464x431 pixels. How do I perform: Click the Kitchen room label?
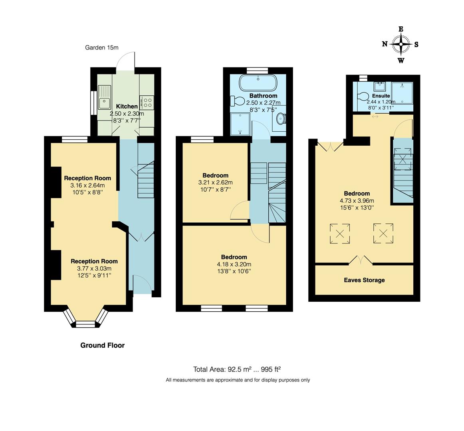[x=127, y=106]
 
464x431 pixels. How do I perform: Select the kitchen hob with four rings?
[x=147, y=103]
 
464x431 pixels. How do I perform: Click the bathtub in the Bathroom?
[x=258, y=83]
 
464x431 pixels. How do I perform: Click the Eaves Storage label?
[x=364, y=280]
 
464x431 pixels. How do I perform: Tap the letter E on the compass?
[x=401, y=29]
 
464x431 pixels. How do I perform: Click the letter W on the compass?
[x=401, y=61]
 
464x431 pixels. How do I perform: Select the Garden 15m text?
[x=101, y=47]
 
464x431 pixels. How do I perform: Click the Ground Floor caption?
[x=102, y=345]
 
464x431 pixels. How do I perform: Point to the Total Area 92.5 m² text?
[x=222, y=369]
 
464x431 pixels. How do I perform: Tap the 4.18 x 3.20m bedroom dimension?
[x=234, y=264]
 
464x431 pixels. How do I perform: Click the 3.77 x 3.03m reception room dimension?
[x=94, y=268]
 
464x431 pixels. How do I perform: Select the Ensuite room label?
[x=381, y=96]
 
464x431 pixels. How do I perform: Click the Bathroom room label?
[x=263, y=95]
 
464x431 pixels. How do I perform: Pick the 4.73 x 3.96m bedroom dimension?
[x=357, y=201]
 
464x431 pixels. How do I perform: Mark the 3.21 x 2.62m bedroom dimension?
[x=216, y=182]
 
